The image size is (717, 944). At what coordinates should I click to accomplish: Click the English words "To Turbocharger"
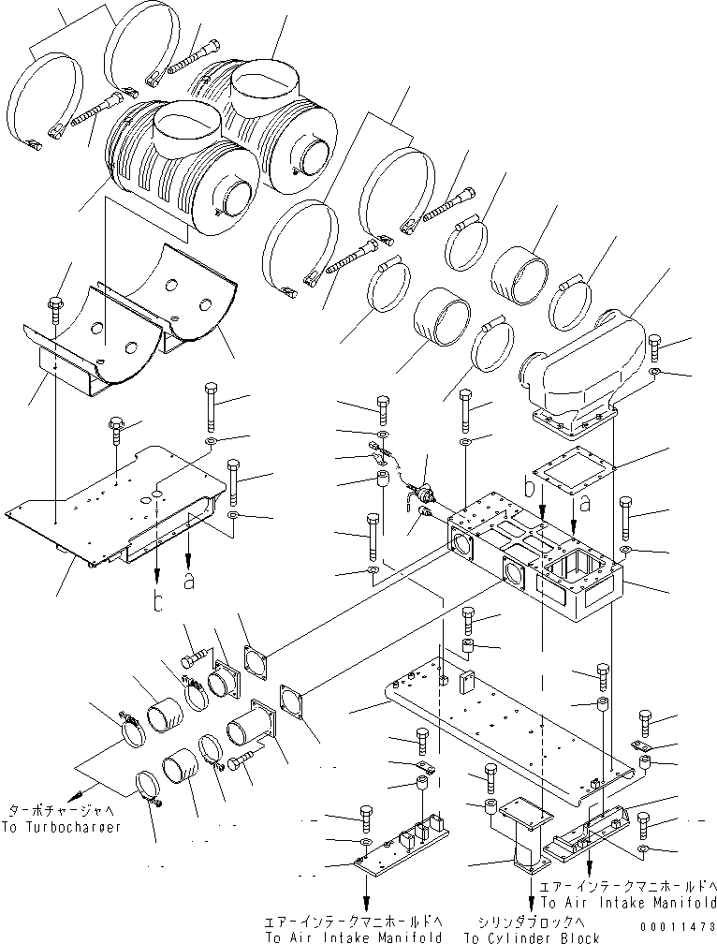[64, 828]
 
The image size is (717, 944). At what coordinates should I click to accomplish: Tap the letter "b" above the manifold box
[532, 488]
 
